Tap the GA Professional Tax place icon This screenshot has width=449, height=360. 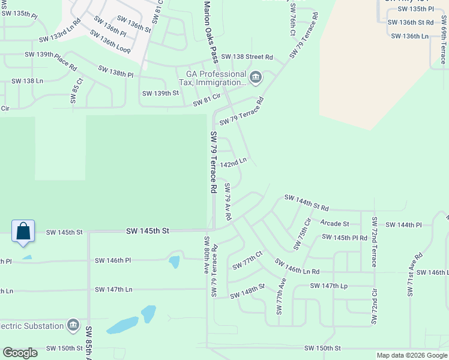pos(256,77)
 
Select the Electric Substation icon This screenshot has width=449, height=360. pos(73,325)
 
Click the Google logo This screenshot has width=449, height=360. pos(20,353)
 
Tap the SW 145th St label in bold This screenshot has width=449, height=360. pos(148,231)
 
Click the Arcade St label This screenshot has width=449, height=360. pos(334,224)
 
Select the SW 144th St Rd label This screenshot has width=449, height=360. pos(306,202)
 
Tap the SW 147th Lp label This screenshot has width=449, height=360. pos(329,286)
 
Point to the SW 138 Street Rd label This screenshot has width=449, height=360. pos(247,57)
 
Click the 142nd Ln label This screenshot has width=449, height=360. pos(234,163)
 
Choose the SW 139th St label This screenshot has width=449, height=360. pos(160,93)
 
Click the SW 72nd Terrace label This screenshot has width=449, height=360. pos(374,242)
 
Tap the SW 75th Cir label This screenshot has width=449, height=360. pos(303,235)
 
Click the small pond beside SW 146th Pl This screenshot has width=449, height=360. pos(174,262)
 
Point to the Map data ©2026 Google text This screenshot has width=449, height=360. pos(411,355)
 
